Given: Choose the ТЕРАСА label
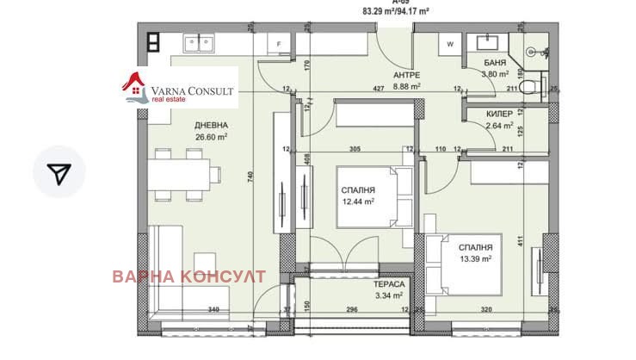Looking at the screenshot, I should (x=389, y=284).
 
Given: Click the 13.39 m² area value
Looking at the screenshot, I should (x=474, y=258).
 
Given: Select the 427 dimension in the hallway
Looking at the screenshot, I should (x=377, y=88).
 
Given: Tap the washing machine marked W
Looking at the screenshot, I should (x=450, y=43).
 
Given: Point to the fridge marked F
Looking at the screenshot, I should (x=278, y=44).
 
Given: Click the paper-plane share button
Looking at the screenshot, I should (x=59, y=173).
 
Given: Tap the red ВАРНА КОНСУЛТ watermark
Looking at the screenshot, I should (x=188, y=276).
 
